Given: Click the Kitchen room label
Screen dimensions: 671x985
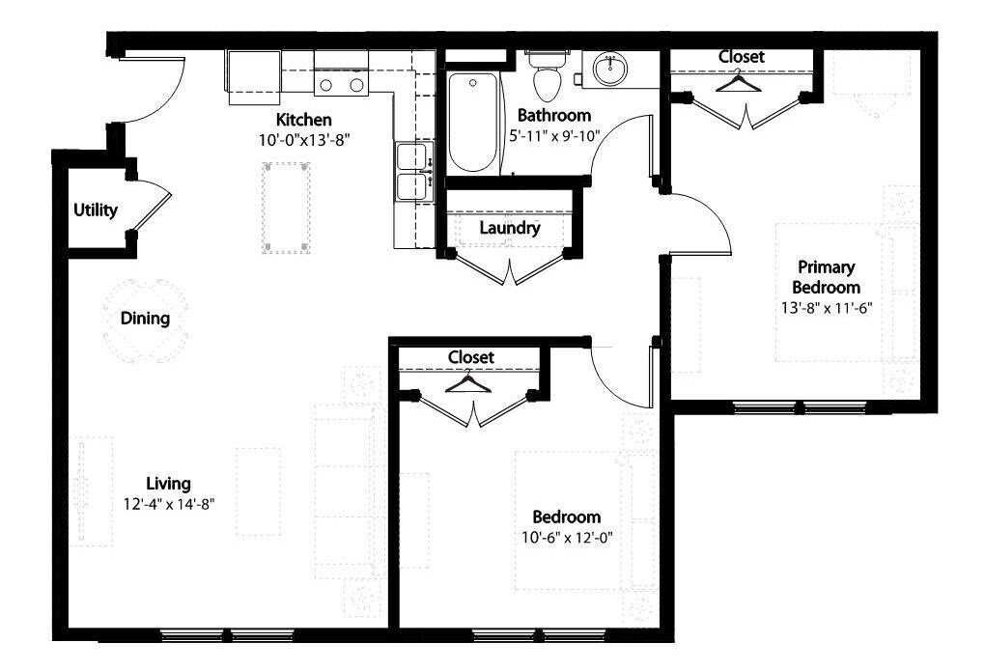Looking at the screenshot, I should [x=304, y=120].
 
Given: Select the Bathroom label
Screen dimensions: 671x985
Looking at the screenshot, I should [x=553, y=115].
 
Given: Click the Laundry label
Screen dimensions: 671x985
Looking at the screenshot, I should [x=509, y=229].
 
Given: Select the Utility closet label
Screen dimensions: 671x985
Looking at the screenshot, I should [x=96, y=210].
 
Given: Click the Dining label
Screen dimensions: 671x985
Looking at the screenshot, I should [x=146, y=318].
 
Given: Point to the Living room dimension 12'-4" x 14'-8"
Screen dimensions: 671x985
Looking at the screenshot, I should [x=169, y=502].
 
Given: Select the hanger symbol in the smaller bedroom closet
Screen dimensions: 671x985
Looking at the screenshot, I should [x=470, y=382].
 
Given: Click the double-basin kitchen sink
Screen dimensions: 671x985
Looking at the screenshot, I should [x=413, y=171].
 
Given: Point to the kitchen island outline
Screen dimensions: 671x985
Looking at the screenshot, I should [x=287, y=208].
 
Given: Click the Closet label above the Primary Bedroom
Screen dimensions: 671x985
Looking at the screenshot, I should [x=741, y=57].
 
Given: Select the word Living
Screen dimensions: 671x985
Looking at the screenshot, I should [x=168, y=483].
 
